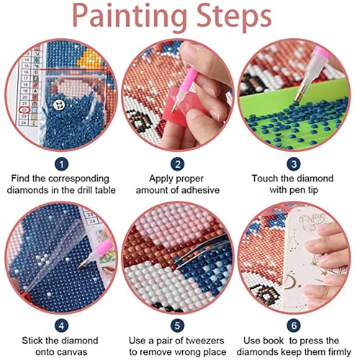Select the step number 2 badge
click(x=179, y=164)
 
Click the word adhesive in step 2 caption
click(x=204, y=192)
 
